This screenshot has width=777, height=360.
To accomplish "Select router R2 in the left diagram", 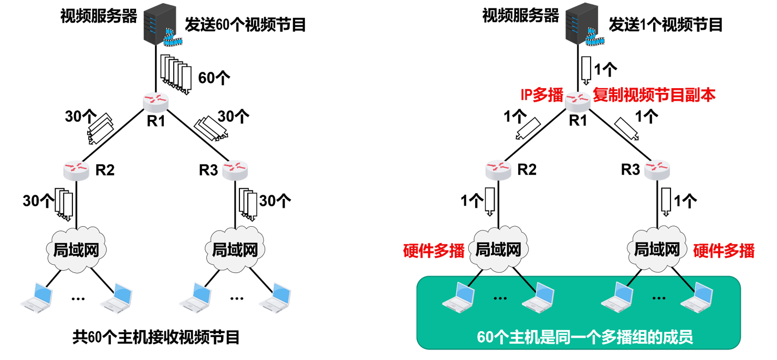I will click(76, 169).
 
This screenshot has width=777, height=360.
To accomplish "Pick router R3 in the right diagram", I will click(657, 168).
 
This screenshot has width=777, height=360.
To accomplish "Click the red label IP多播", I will click(541, 95).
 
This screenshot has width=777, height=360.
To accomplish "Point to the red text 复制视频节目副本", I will click(654, 95).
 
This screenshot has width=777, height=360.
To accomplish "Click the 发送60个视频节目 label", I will click(245, 24).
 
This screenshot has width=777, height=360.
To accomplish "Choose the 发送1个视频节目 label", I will click(666, 24).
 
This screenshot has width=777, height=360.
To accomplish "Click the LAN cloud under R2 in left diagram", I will click(77, 249).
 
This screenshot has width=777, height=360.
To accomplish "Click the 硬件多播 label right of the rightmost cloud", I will click(724, 251).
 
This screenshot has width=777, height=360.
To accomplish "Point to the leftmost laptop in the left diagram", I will click(37, 297).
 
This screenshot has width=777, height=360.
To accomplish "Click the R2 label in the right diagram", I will click(527, 170).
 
